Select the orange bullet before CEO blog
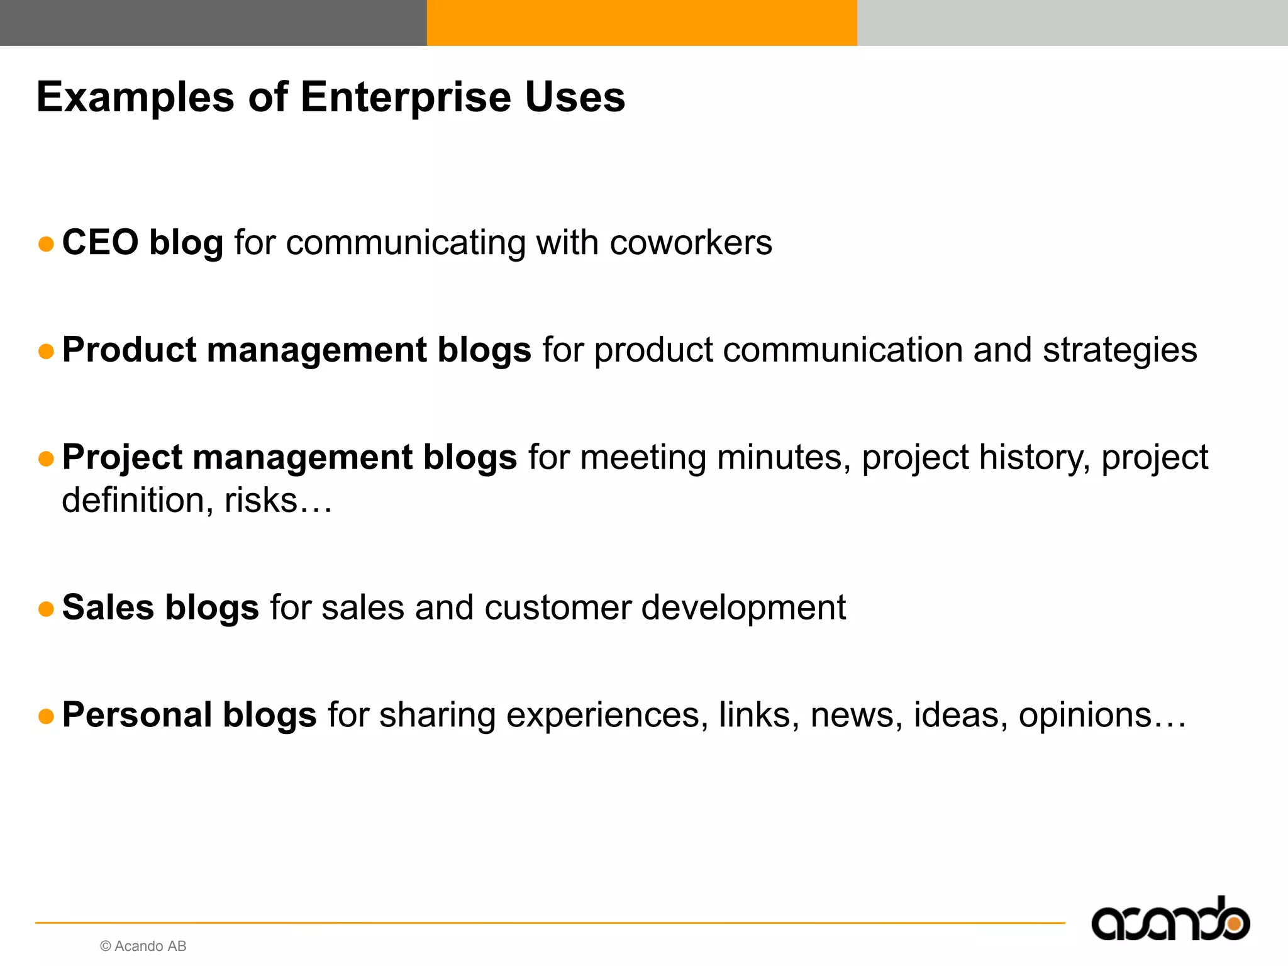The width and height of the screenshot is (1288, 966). [x=46, y=244]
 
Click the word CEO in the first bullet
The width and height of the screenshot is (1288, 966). [x=100, y=242]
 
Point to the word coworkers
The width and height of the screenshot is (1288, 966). [x=691, y=243]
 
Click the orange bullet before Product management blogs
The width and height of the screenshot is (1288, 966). [x=46, y=351]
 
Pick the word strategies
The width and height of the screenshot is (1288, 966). [x=1119, y=350]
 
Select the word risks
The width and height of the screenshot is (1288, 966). [x=260, y=501]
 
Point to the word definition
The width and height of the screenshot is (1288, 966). [x=133, y=501]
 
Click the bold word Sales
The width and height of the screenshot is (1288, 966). [x=108, y=608]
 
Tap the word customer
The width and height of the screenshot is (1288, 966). [x=557, y=608]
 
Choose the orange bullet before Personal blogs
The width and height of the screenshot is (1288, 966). [x=46, y=716]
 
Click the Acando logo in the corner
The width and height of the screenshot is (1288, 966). [x=1170, y=920]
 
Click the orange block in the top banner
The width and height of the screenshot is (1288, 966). [x=641, y=23]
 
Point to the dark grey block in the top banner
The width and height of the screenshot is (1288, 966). [x=213, y=23]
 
